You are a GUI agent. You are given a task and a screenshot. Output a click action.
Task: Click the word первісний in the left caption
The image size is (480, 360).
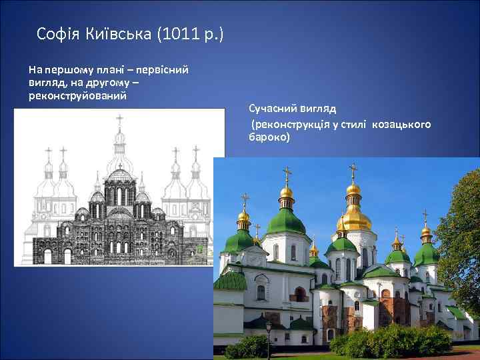[x=164, y=69]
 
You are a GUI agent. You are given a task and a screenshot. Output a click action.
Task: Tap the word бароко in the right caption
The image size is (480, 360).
[x=269, y=137]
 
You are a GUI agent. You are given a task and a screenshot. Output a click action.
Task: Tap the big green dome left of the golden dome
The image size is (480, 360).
[x=286, y=220]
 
